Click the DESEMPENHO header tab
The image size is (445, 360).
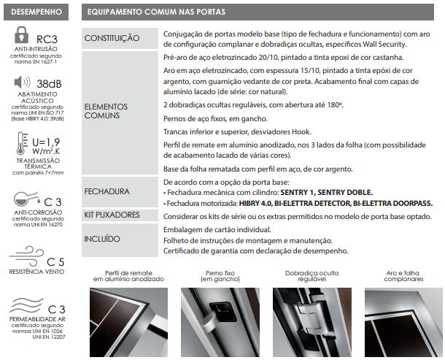(x=36, y=12)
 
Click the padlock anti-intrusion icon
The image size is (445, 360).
(x=21, y=37)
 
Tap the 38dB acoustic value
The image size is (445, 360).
(x=49, y=83)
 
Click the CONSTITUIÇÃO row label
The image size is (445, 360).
(x=112, y=38)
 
